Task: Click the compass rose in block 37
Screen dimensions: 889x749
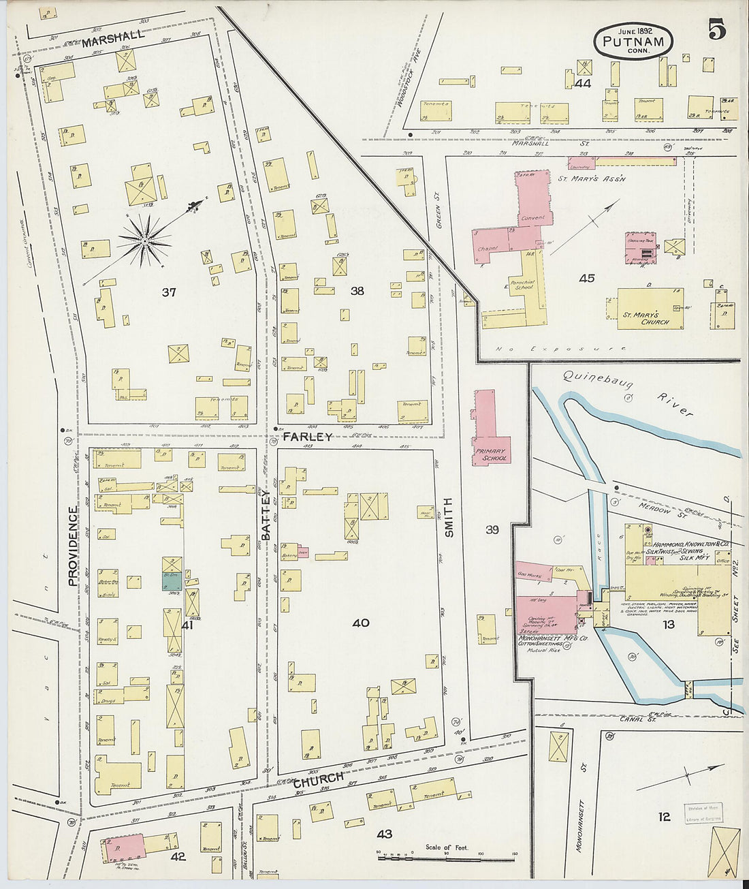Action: pos(145,240)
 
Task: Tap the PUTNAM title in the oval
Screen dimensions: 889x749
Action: pos(633,42)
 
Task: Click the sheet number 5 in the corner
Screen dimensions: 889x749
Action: pos(716,31)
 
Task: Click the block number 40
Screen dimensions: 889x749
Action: pos(361,623)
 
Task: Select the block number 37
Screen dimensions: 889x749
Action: pos(169,292)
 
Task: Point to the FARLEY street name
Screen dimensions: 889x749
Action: pos(308,437)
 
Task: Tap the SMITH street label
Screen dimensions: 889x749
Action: pos(449,518)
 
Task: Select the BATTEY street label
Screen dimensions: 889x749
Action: pos(266,514)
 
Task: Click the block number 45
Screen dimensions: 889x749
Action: pos(586,278)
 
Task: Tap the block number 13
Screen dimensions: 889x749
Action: pos(668,624)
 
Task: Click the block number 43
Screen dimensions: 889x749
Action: pos(385,833)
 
